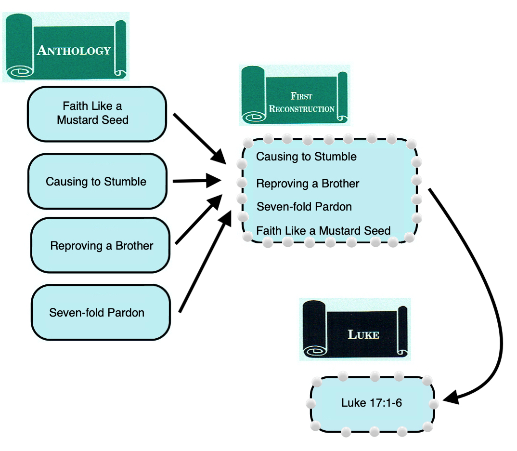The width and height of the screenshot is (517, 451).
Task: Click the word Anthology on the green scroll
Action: (74, 50)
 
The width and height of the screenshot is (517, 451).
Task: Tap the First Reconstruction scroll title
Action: (302, 102)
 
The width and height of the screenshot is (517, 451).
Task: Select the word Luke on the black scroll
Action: (363, 334)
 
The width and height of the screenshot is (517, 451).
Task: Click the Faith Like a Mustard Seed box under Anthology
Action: (96, 114)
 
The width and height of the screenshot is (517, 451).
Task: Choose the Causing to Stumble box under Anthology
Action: (96, 182)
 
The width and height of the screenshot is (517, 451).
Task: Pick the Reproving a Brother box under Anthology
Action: (101, 246)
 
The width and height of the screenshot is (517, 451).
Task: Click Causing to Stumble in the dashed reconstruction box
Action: (306, 157)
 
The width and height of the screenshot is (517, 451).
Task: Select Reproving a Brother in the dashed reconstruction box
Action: (308, 184)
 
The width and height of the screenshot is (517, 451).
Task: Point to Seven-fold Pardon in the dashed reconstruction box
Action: (304, 207)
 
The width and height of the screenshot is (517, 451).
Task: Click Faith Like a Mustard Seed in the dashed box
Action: (323, 231)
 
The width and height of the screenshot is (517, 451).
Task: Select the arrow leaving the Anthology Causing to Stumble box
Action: (195, 182)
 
